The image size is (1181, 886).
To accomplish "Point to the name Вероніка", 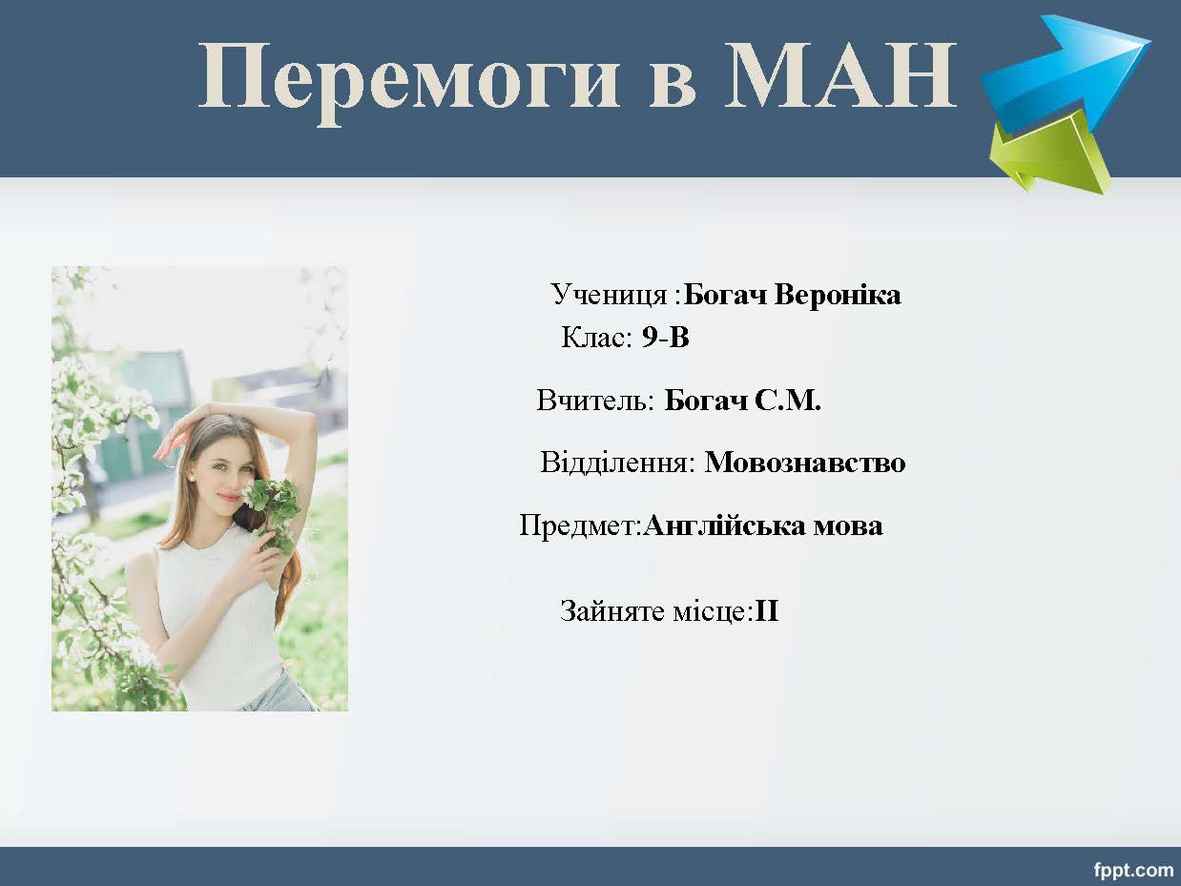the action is tap(838, 295).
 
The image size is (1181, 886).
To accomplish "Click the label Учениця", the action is tap(609, 296).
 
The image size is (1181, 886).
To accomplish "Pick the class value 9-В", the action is tap(665, 338).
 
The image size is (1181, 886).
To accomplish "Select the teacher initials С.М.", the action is tap(788, 401).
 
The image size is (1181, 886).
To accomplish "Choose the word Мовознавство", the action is tap(805, 463).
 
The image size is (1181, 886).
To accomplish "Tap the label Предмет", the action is tap(581, 525).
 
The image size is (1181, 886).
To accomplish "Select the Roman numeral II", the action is tap(767, 611).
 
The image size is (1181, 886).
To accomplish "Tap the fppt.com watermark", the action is tap(1133, 870).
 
